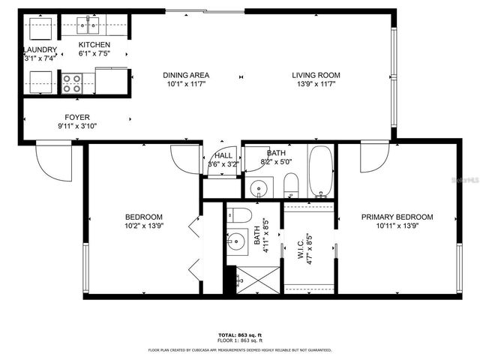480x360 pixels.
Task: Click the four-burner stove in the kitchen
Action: click(72, 82)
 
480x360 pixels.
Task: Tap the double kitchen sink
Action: click(88, 28)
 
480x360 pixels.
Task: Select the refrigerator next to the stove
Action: click(111, 80)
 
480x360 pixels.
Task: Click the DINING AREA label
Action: click(186, 75)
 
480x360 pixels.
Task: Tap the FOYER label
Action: click(77, 117)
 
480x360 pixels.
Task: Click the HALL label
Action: click(223, 155)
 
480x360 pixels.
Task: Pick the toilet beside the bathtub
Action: click(292, 183)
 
